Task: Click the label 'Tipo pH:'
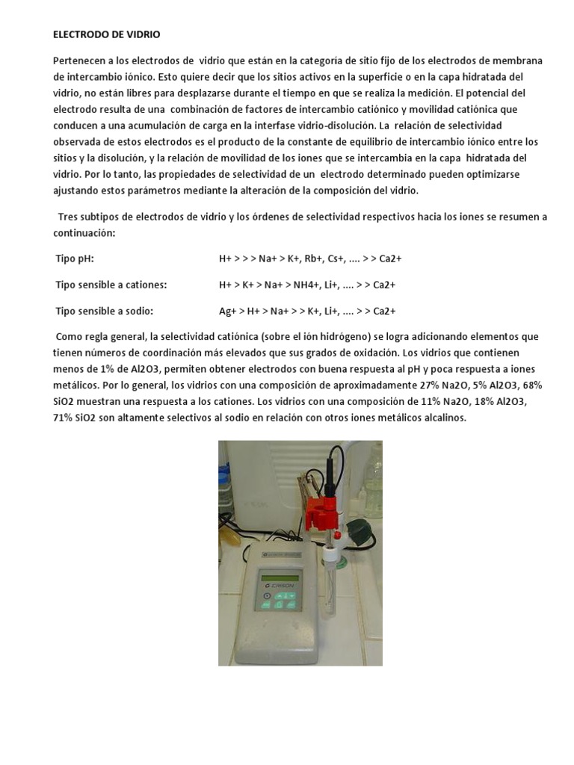pyautogui.click(x=75, y=258)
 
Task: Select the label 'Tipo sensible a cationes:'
pyautogui.click(x=111, y=285)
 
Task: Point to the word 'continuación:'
pyautogui.click(x=84, y=233)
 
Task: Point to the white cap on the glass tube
pyautogui.click(x=330, y=555)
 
